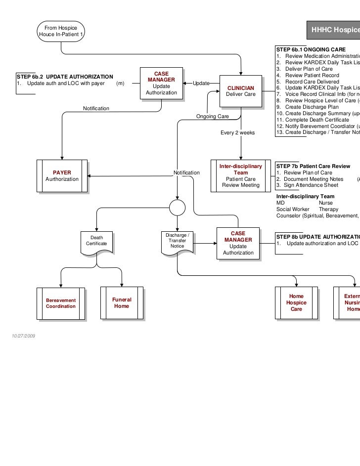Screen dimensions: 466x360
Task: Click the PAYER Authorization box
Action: point(62,175)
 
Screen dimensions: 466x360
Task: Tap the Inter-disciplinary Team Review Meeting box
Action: point(240,175)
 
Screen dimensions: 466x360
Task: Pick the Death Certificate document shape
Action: point(96,241)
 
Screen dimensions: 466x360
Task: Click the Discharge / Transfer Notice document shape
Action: point(177,240)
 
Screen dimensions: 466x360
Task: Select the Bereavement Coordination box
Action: point(61,303)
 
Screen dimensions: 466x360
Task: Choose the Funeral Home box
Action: point(121,303)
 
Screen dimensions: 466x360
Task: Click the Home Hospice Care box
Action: point(296,302)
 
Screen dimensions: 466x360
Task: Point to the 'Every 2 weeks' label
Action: point(237,132)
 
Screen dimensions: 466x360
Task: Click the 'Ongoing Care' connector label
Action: point(212,116)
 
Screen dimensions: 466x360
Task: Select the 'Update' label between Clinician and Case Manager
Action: point(201,84)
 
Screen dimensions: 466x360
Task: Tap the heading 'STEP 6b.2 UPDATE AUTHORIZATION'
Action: point(65,77)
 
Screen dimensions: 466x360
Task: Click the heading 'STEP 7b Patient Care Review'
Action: point(313,166)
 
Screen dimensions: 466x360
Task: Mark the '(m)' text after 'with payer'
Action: point(120,84)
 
